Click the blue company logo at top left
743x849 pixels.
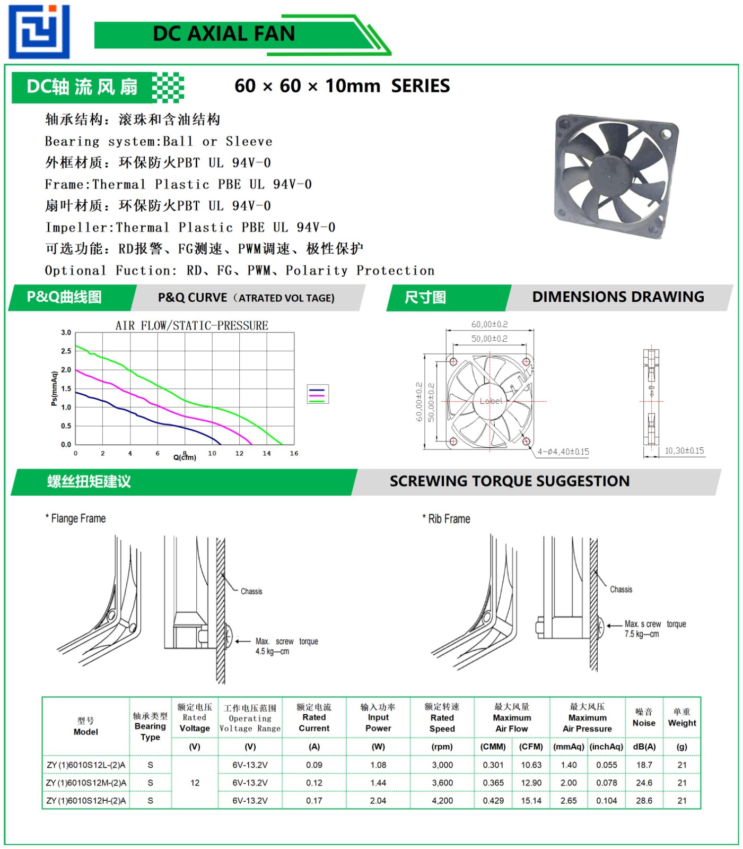click(x=39, y=31)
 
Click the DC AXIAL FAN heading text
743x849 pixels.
click(x=223, y=34)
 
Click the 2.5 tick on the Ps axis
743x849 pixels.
click(x=66, y=351)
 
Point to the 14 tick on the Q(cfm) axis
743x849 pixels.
click(x=267, y=454)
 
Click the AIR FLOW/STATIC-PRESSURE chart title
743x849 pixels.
click(x=191, y=325)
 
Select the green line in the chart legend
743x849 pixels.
click(x=317, y=401)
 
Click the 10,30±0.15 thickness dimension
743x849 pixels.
click(x=684, y=451)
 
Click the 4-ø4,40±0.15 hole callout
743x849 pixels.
click(x=563, y=452)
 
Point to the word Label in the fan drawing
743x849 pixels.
click(x=491, y=401)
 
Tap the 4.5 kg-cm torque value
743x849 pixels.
click(x=272, y=652)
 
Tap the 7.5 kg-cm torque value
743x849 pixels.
click(x=641, y=634)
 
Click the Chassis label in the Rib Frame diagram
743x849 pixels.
click(x=620, y=590)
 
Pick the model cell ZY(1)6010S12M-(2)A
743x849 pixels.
click(x=86, y=783)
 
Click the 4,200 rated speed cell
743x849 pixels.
click(x=442, y=801)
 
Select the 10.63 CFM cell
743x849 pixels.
click(x=531, y=765)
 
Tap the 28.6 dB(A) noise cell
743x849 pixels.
click(x=644, y=801)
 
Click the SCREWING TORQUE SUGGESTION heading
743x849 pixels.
click(x=509, y=481)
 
